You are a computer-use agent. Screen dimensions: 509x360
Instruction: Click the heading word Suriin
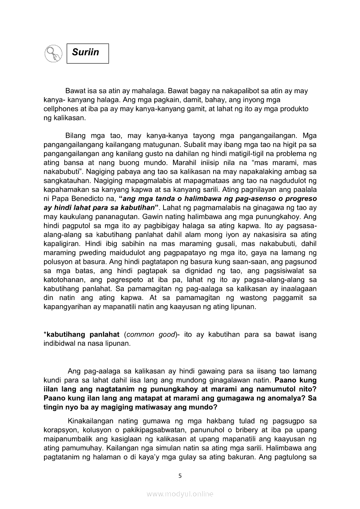pyautogui.click(x=85, y=53)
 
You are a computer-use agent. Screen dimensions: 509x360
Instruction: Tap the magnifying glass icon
pyautogui.click(x=54, y=54)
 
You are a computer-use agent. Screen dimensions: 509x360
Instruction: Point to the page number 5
pyautogui.click(x=180, y=475)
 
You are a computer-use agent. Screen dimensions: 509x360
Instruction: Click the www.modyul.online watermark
pyautogui.click(x=180, y=494)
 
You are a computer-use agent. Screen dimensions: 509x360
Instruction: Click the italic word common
pyautogui.click(x=139, y=334)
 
